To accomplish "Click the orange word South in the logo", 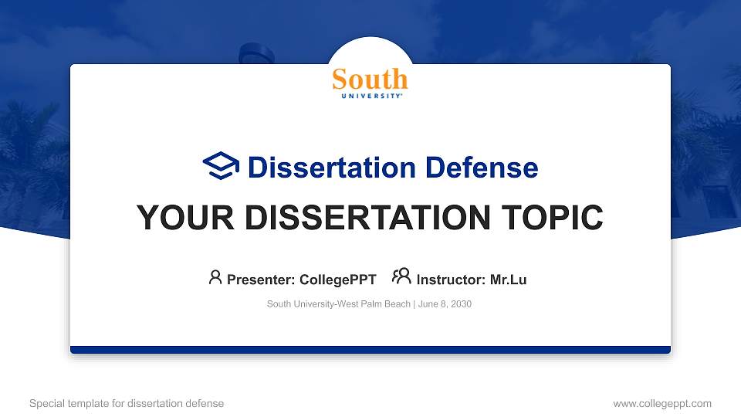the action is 370,79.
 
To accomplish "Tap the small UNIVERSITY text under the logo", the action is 371,96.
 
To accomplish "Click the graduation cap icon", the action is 221,165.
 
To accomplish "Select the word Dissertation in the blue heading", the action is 332,168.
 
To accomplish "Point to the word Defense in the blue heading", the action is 482,168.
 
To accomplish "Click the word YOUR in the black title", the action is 185,218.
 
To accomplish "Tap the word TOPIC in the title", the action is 552,218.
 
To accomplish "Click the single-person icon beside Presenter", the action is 215,277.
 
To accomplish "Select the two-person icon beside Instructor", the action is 401,276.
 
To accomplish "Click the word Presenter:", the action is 261,280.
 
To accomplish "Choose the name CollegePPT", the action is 338,280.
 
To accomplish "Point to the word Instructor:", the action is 451,280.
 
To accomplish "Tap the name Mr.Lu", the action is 508,280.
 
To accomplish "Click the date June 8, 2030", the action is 445,304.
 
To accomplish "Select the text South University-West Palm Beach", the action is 338,304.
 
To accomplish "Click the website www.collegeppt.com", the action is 662,404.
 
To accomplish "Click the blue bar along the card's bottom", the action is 370,350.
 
